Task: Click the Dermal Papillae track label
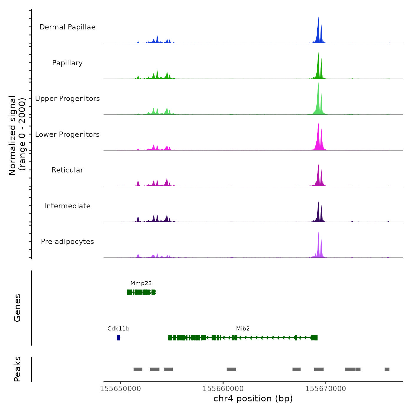[x=67, y=27]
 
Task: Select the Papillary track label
[x=67, y=63]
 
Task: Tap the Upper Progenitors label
[x=67, y=99]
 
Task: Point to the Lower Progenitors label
[x=67, y=134]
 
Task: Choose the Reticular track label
[x=67, y=170]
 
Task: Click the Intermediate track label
[x=67, y=206]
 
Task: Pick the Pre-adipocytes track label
[x=67, y=242]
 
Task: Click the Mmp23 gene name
[x=141, y=283]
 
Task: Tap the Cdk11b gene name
[x=118, y=329]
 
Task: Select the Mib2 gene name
[x=243, y=329]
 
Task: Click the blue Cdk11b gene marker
[x=118, y=338]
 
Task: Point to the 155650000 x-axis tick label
[x=120, y=389]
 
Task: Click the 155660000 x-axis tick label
[x=223, y=389]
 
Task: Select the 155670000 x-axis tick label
[x=326, y=389]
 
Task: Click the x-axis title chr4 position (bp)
[x=253, y=398]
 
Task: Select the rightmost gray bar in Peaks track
[x=387, y=369]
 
